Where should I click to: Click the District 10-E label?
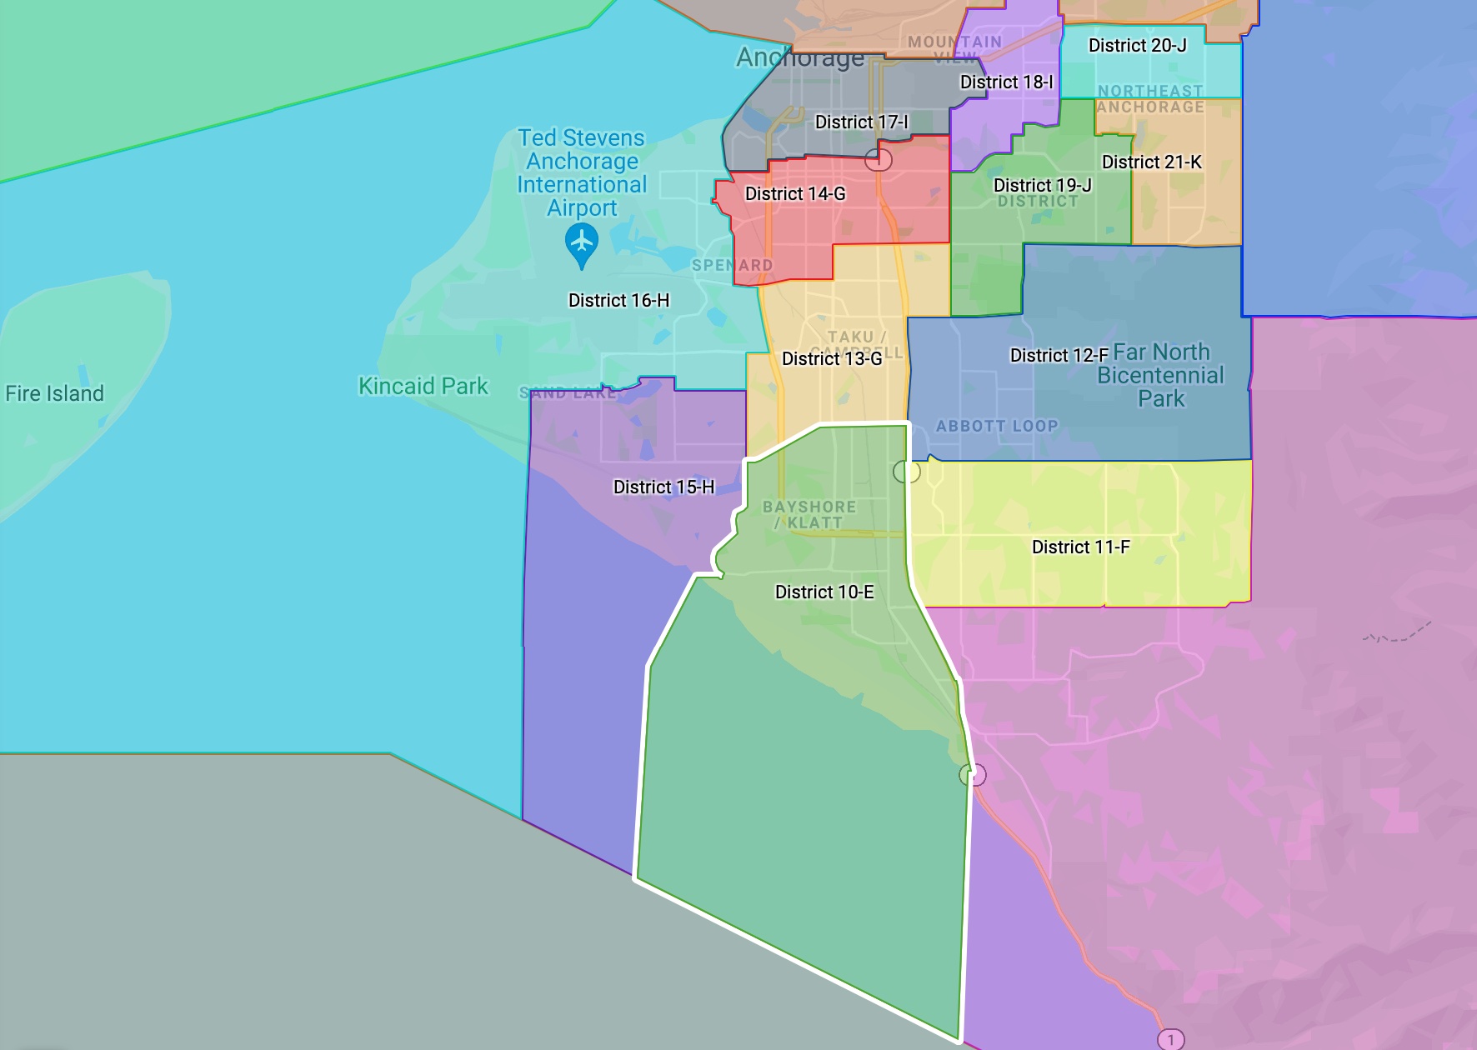[x=824, y=592]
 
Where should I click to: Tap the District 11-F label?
[x=1080, y=547]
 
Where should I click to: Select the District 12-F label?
[x=1059, y=356]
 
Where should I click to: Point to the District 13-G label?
[x=831, y=358]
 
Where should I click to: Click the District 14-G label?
[x=794, y=194]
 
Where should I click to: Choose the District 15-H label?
[x=663, y=487]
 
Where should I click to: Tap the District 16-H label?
[x=618, y=300]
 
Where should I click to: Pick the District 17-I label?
[x=861, y=122]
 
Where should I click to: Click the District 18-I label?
[x=1006, y=82]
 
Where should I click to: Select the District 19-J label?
[x=1042, y=185]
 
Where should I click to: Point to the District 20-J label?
[x=1137, y=46]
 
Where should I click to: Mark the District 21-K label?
[x=1151, y=162]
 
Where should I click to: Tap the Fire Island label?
[x=54, y=393]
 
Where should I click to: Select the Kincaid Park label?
[x=423, y=386]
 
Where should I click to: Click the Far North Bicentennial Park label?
[x=1161, y=375]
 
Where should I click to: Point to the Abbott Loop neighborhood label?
[x=996, y=426]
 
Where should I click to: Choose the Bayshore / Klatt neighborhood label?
[x=809, y=514]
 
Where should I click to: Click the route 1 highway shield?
[x=1170, y=1039]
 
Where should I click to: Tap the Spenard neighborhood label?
[x=732, y=265]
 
